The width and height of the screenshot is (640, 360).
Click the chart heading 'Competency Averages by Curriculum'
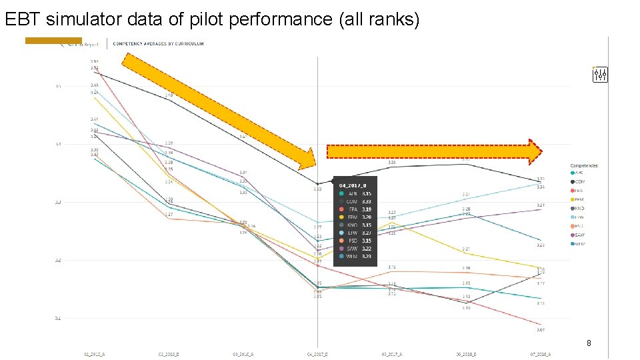click(x=158, y=44)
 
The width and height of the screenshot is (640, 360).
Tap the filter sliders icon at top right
click(x=600, y=75)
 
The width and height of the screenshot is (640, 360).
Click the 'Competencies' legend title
click(x=585, y=165)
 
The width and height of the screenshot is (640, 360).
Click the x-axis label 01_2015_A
click(x=94, y=355)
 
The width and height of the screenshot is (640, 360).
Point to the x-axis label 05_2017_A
click(x=392, y=355)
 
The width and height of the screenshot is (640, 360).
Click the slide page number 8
click(x=588, y=343)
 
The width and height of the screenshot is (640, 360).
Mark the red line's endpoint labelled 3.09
click(x=540, y=325)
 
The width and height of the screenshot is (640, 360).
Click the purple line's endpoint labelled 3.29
click(x=540, y=209)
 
